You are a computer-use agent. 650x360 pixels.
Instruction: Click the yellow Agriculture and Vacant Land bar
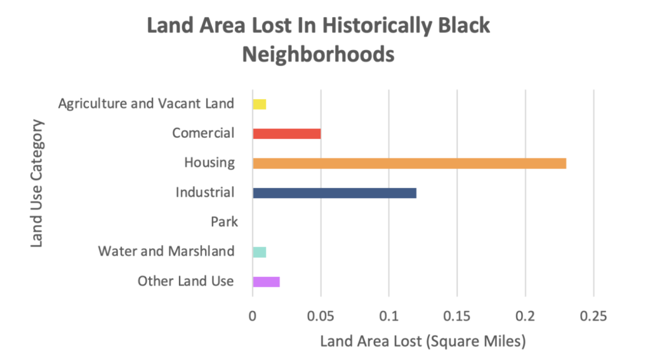coord(259,103)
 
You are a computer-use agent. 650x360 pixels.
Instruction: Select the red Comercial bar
coord(286,133)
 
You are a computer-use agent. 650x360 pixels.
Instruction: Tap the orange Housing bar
coord(409,163)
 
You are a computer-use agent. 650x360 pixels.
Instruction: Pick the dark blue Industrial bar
coord(334,192)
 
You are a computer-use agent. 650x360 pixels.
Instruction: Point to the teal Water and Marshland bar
coord(259,252)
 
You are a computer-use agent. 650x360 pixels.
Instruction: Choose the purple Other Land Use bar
coord(266,282)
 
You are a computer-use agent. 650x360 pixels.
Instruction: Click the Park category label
coord(224,222)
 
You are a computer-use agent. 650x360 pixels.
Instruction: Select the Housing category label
coord(209,163)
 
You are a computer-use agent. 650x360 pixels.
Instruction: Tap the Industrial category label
coord(205,192)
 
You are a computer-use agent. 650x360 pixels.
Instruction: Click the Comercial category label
coord(203,133)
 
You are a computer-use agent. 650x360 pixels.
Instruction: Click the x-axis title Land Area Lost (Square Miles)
coord(423,342)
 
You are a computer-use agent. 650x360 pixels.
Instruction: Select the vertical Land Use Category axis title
coord(37,182)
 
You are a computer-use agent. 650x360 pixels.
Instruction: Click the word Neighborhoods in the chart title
coord(318,55)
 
